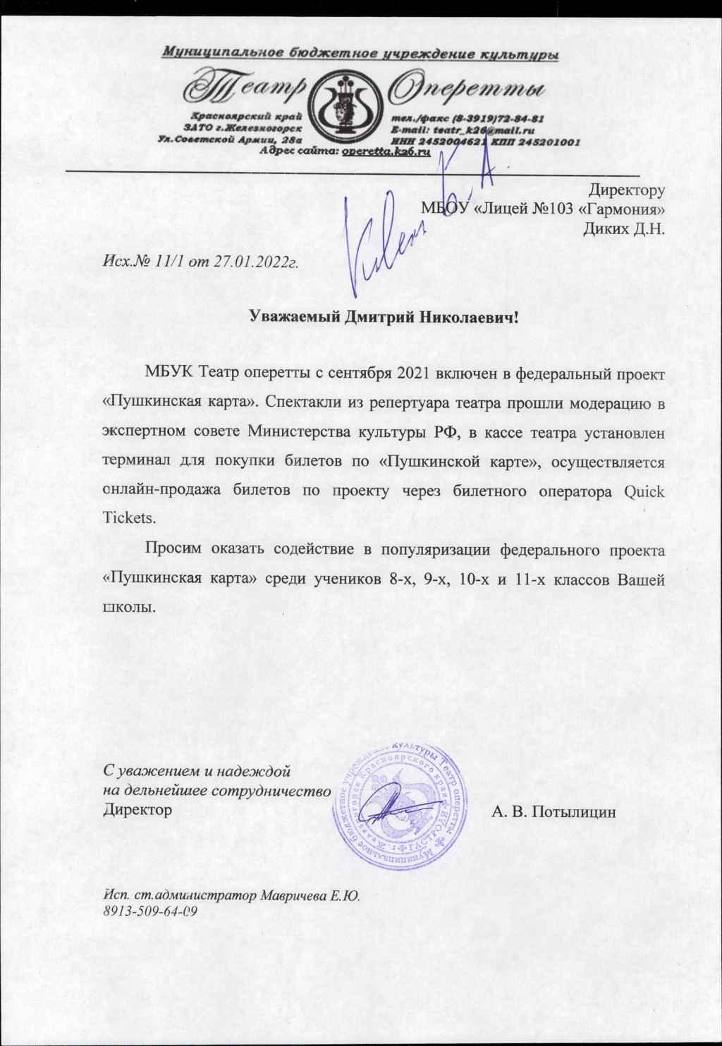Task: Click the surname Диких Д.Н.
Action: (x=625, y=228)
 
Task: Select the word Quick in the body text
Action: (x=644, y=491)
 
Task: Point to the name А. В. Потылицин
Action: (x=553, y=812)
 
